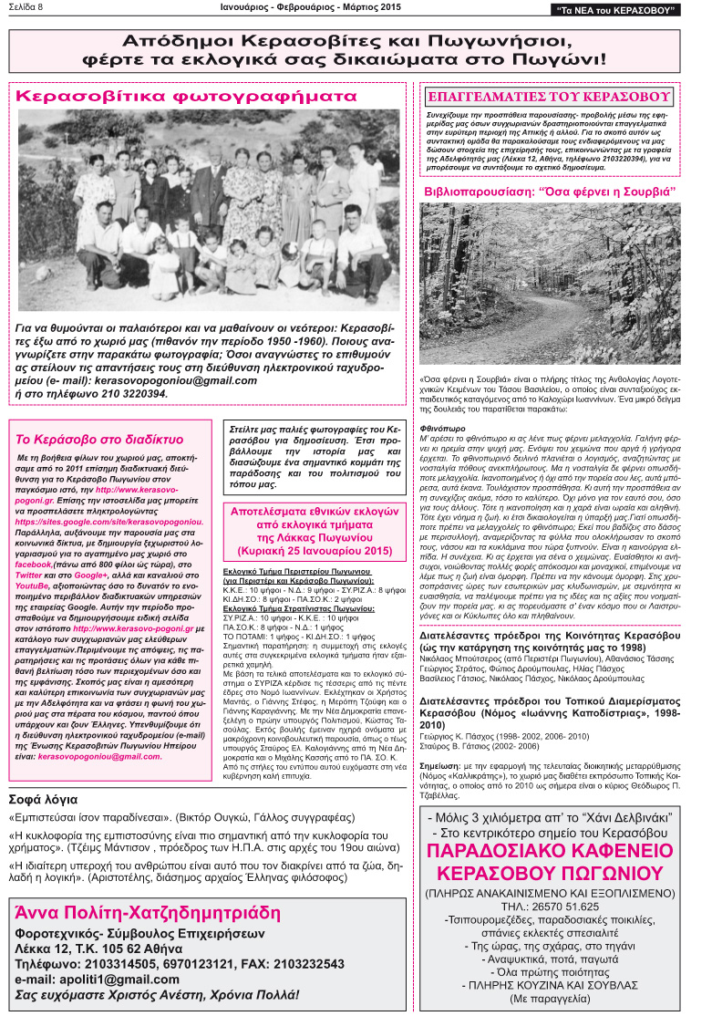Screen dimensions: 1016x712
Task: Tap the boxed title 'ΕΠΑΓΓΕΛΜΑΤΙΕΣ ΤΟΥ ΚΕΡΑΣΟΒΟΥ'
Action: [549, 96]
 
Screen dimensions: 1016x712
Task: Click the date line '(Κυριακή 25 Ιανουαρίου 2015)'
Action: [315, 551]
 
